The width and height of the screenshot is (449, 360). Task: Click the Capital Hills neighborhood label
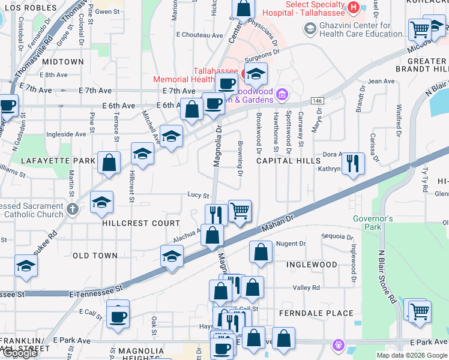[288, 161]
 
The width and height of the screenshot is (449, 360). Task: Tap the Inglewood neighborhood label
[312, 265]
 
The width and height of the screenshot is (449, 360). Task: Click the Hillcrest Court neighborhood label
[133, 223]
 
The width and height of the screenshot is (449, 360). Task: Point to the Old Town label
[95, 256]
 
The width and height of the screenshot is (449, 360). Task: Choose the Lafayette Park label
[58, 161]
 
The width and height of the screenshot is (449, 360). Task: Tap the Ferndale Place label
[315, 313]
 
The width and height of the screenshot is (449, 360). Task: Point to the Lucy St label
[198, 196]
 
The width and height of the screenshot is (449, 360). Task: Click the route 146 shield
[318, 101]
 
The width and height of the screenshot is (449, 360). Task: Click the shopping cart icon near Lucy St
[240, 211]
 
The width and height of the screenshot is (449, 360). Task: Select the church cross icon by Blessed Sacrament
[73, 209]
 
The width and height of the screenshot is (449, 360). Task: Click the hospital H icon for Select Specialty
[354, 7]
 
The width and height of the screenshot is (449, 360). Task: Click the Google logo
[20, 353]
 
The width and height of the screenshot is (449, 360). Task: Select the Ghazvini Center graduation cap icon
[310, 28]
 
